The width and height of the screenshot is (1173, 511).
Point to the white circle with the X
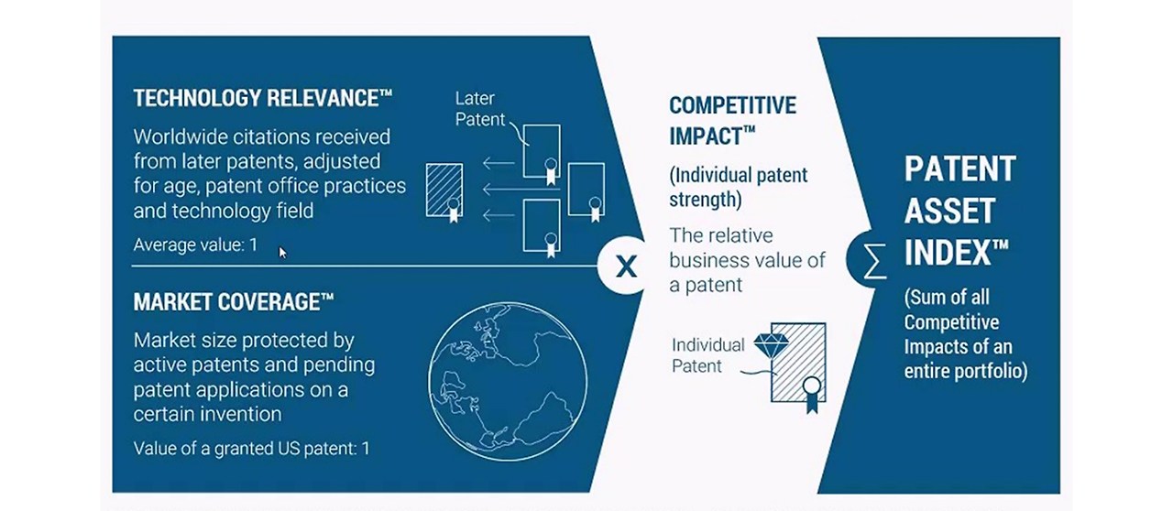[x=625, y=266]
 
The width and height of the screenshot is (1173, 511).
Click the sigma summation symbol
[x=876, y=262]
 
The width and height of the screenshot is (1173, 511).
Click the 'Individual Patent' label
[x=707, y=355]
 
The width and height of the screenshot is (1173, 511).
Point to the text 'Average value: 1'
[x=195, y=245]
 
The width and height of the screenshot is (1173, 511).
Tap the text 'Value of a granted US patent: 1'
[x=251, y=449]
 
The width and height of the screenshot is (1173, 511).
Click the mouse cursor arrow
[x=283, y=252]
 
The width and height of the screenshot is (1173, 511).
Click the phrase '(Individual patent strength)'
[x=738, y=186]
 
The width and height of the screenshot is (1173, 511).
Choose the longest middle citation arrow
[x=499, y=190]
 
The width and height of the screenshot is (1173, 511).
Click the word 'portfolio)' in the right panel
[x=989, y=371]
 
